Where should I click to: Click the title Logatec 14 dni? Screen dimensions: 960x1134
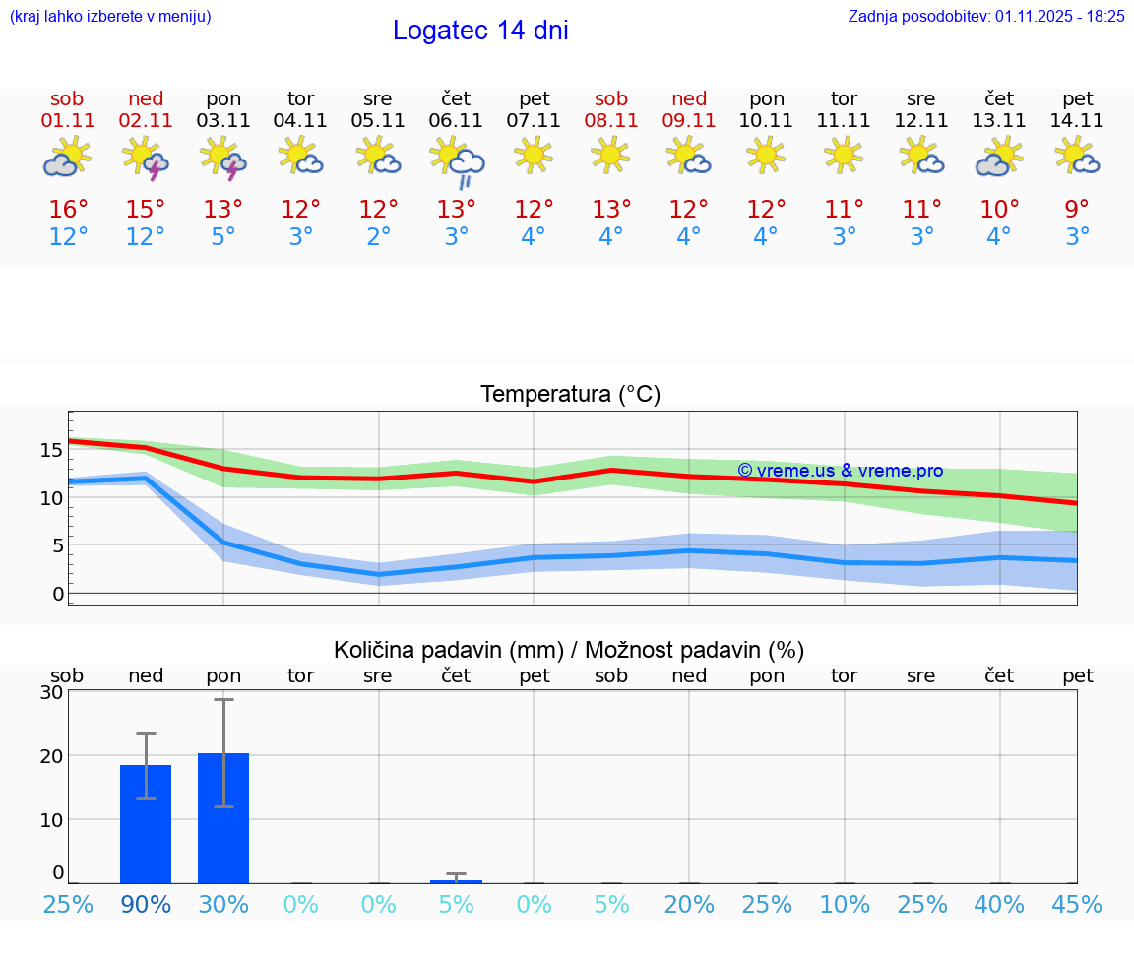[480, 31]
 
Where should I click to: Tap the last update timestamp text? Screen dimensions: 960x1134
[986, 16]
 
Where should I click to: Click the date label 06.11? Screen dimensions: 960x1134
[456, 121]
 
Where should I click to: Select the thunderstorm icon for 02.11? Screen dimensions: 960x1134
[146, 158]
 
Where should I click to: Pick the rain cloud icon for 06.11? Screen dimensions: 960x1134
[457, 161]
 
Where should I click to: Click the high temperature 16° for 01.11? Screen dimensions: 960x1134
[68, 210]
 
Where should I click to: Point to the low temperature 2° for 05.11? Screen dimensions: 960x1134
[378, 237]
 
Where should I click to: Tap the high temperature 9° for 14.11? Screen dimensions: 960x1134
[1078, 210]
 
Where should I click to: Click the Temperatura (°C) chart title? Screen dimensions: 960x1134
[570, 395]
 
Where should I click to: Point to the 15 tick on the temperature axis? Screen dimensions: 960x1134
[52, 450]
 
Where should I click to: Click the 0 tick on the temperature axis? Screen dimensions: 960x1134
[58, 593]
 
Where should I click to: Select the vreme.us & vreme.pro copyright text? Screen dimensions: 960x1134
[840, 471]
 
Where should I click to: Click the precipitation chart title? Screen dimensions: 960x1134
[569, 650]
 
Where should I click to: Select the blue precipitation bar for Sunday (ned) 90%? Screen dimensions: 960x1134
[146, 824]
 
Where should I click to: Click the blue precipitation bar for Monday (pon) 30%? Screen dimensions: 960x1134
[223, 818]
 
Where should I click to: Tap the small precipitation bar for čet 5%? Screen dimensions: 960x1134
[456, 881]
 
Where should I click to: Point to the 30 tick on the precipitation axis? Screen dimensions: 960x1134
[52, 692]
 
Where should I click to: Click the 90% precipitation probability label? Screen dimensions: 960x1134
[146, 904]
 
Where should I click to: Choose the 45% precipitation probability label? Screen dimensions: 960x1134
[1078, 904]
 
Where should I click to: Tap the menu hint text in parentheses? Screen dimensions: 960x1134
[109, 16]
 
